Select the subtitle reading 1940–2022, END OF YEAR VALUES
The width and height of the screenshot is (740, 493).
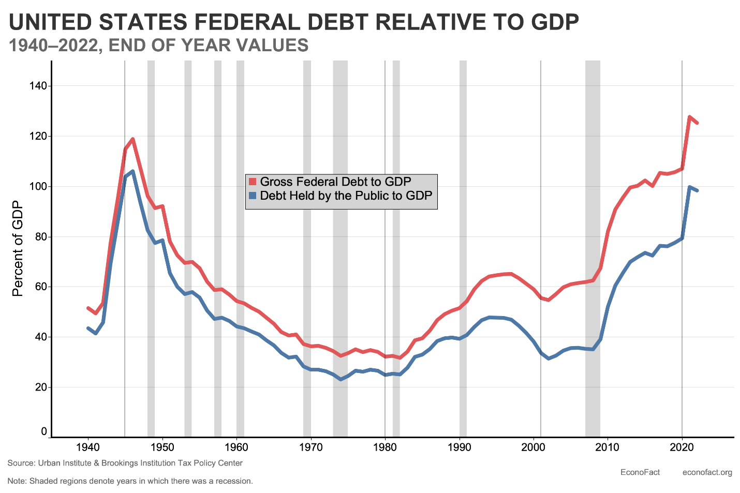(159, 46)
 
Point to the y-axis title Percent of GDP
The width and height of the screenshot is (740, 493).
(18, 248)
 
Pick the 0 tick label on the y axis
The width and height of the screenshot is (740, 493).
(44, 431)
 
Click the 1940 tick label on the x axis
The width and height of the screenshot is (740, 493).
(88, 447)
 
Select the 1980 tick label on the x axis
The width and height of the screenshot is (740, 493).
(385, 447)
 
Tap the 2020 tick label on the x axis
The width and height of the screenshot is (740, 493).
(682, 447)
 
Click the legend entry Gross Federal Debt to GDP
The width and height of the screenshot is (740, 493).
(335, 182)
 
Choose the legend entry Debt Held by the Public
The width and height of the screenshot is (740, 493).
(346, 196)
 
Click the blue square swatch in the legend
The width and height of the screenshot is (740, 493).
(253, 196)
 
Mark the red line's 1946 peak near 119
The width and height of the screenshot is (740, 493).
(133, 139)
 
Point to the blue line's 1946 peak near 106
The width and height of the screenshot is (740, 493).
(133, 171)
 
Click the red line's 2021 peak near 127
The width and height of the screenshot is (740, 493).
(689, 117)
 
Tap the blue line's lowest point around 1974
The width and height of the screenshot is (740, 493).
(341, 379)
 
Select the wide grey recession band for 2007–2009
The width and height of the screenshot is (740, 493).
(593, 248)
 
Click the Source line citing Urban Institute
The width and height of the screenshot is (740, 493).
(125, 463)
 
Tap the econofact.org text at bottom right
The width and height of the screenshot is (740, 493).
(707, 472)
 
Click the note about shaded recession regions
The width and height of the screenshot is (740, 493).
(130, 481)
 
